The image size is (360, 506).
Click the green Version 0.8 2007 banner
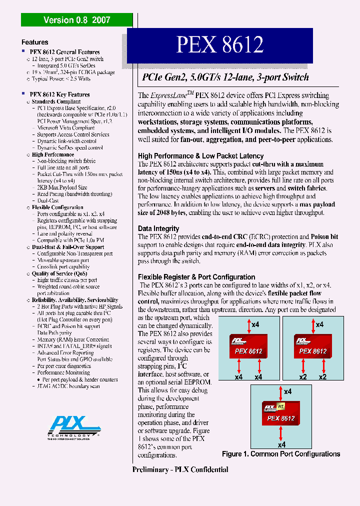coord(76,20)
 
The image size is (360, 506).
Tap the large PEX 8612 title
coord(219,45)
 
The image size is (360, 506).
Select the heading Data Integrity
coord(158,228)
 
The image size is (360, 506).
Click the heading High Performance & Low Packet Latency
coord(200,156)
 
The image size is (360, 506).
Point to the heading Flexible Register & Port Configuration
coord(196,277)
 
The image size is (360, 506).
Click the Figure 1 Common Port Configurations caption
coord(281,454)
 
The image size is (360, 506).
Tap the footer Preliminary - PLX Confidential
coord(180,469)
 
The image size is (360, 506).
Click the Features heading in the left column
coord(35,42)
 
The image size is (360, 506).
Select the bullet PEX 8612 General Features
coord(64,52)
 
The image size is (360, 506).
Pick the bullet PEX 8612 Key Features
coord(59,94)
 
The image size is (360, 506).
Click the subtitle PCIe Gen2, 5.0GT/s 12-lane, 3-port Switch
coord(225,77)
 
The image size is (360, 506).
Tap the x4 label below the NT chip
coord(281,444)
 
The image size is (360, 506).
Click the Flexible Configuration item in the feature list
coord(57,207)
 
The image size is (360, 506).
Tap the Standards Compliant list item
coord(56,101)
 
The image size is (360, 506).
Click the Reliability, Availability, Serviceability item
coord(75,300)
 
